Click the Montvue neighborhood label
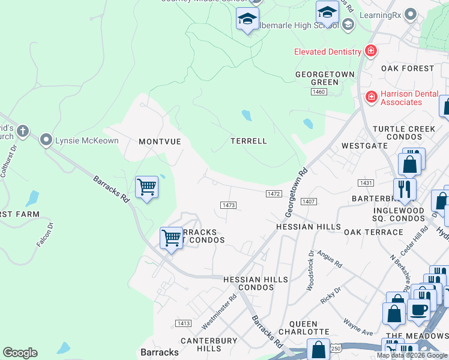point(160,142)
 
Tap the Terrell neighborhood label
point(249,141)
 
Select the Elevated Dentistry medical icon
point(371,51)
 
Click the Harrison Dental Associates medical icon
point(371,97)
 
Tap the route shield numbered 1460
point(319,92)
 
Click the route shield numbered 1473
point(228,205)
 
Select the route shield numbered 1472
point(274,193)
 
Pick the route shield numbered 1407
point(309,202)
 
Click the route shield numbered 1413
point(184,323)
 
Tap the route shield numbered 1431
point(365,182)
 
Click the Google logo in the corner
point(20,353)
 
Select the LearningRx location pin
point(411,14)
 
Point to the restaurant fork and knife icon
point(405,189)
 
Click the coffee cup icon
point(418,309)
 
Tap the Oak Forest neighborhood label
point(408,68)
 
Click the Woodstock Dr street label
point(310,271)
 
